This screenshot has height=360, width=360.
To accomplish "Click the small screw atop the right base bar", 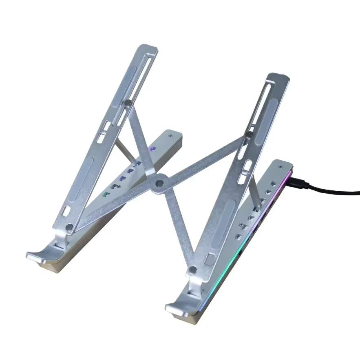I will (280, 167).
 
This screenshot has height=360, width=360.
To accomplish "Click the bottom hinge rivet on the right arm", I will (193, 269).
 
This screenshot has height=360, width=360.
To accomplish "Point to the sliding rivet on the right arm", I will (249, 134).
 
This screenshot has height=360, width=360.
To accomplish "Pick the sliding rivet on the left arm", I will (128, 104).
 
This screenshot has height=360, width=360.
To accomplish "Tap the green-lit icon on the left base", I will (107, 194).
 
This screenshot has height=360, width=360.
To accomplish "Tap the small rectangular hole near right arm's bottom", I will (210, 259).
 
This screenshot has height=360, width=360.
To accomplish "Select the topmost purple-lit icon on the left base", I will (153, 149).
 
